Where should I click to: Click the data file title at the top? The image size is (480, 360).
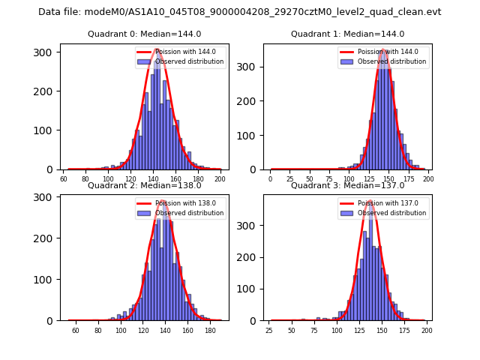click(240, 12)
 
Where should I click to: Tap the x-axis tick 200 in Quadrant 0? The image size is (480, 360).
click(220, 180)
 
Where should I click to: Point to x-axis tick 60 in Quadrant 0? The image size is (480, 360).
click(63, 180)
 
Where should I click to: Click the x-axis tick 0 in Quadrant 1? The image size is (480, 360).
click(271, 180)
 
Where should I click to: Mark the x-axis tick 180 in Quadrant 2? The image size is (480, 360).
click(210, 331)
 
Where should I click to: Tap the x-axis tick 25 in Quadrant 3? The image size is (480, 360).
click(269, 331)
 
